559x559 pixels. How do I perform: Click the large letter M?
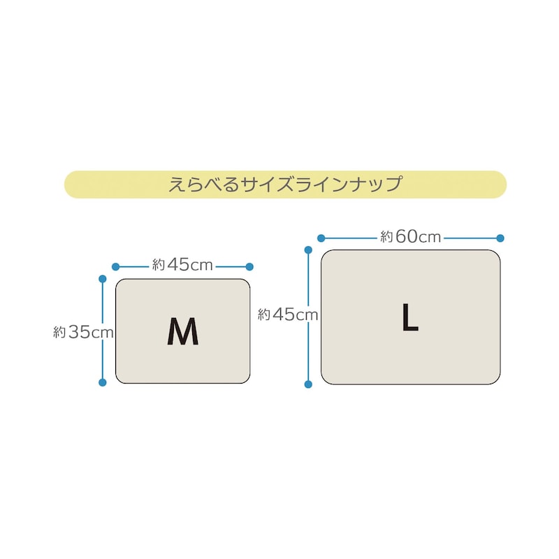pos(183,331)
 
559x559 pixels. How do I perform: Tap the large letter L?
pos(410,317)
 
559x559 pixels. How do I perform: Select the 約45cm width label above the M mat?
pos(182,265)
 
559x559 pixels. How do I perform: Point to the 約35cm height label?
pos(83,332)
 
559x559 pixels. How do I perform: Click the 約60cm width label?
pos(411,236)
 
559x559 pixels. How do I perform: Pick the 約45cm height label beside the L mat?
pos(288,314)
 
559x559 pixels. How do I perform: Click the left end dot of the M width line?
pos(115,267)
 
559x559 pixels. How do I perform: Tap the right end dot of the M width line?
pos(249,267)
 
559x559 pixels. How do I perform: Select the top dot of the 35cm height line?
pos(102,279)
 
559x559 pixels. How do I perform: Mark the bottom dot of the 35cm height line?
pos(102,382)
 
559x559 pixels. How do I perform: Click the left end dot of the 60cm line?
pos(321,238)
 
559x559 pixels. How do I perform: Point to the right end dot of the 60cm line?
pos(500,238)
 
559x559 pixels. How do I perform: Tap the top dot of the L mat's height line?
pos(308,250)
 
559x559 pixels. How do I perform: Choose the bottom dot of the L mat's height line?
pos(308,384)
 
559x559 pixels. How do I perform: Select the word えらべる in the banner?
pos(203,184)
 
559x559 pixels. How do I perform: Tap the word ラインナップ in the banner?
pos(349,184)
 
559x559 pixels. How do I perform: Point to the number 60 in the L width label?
pos(406,236)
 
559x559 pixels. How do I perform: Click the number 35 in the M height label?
pos(79,332)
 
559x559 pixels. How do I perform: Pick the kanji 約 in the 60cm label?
pos(386,237)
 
